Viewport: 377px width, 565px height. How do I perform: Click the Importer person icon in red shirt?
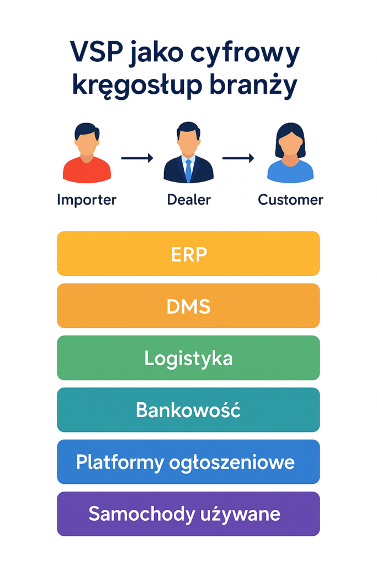pyautogui.click(x=87, y=154)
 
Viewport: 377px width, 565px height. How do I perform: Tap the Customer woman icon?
pyautogui.click(x=290, y=153)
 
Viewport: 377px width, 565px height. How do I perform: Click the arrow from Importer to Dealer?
pyautogui.click(x=137, y=159)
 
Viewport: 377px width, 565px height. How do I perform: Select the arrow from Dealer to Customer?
pyautogui.click(x=238, y=159)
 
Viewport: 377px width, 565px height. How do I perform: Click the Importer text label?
pyautogui.click(x=87, y=199)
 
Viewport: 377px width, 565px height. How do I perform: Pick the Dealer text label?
pyautogui.click(x=188, y=199)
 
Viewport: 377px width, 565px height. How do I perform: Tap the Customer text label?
pyautogui.click(x=290, y=199)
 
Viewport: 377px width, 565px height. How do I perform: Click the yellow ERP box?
pyautogui.click(x=188, y=254)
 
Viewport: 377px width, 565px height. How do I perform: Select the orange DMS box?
pyautogui.click(x=188, y=306)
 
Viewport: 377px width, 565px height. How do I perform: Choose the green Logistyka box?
pyautogui.click(x=188, y=358)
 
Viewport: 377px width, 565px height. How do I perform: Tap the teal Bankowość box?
pyautogui.click(x=188, y=410)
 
